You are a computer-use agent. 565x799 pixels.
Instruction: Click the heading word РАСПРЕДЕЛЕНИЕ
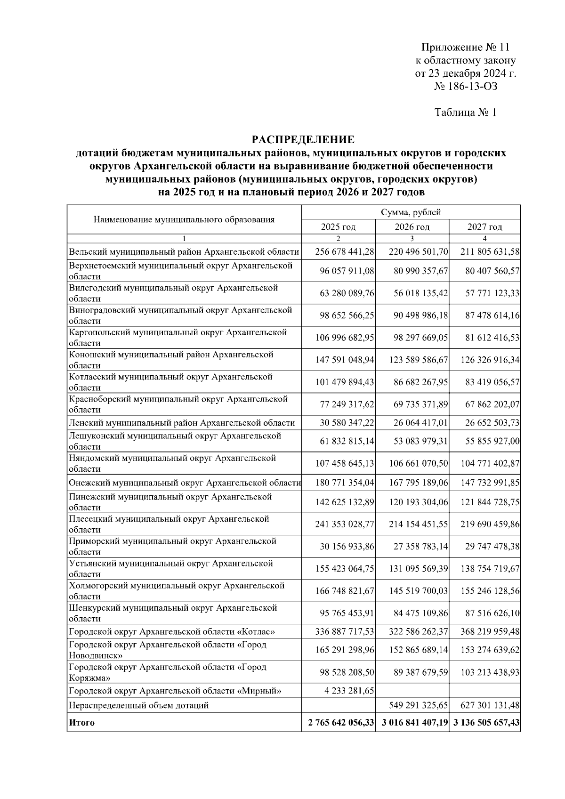[x=302, y=140]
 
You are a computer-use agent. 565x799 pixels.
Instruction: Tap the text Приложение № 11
[x=465, y=48]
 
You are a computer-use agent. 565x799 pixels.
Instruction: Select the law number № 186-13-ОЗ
[x=465, y=87]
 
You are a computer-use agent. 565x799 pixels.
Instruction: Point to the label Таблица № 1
[x=465, y=113]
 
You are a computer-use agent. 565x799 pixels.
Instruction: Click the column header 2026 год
[x=412, y=227]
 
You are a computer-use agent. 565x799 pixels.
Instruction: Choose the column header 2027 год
[x=484, y=227]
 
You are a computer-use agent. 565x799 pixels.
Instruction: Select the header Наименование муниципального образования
[x=184, y=219]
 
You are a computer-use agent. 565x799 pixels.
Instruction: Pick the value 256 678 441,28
[x=345, y=252]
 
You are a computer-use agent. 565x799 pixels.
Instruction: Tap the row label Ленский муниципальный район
[x=182, y=423]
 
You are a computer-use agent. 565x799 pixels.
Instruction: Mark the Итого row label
[x=81, y=723]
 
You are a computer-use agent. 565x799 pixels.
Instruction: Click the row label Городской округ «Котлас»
[x=172, y=632]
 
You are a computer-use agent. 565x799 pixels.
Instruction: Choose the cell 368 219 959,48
[x=490, y=632]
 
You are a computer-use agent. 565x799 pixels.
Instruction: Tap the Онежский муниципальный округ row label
[x=185, y=483]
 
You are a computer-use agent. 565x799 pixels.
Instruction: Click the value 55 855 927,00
[x=492, y=442]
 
